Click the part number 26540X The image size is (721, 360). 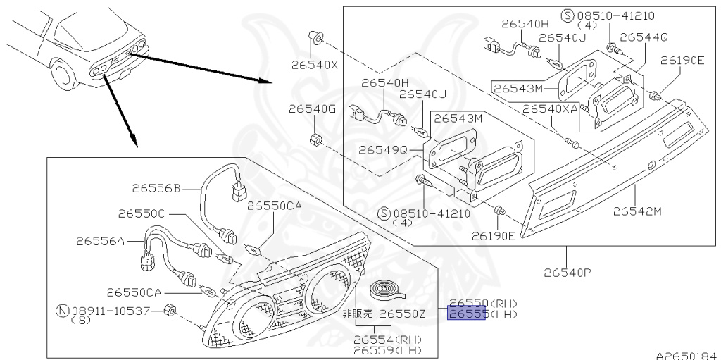(315, 66)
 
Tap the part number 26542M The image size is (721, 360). (638, 211)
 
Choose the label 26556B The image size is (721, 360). (156, 187)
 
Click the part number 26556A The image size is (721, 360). (101, 241)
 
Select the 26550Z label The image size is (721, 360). (403, 314)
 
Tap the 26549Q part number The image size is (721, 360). (383, 150)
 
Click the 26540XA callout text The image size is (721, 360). (550, 109)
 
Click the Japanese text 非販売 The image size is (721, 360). (357, 314)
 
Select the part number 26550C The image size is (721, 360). (142, 213)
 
